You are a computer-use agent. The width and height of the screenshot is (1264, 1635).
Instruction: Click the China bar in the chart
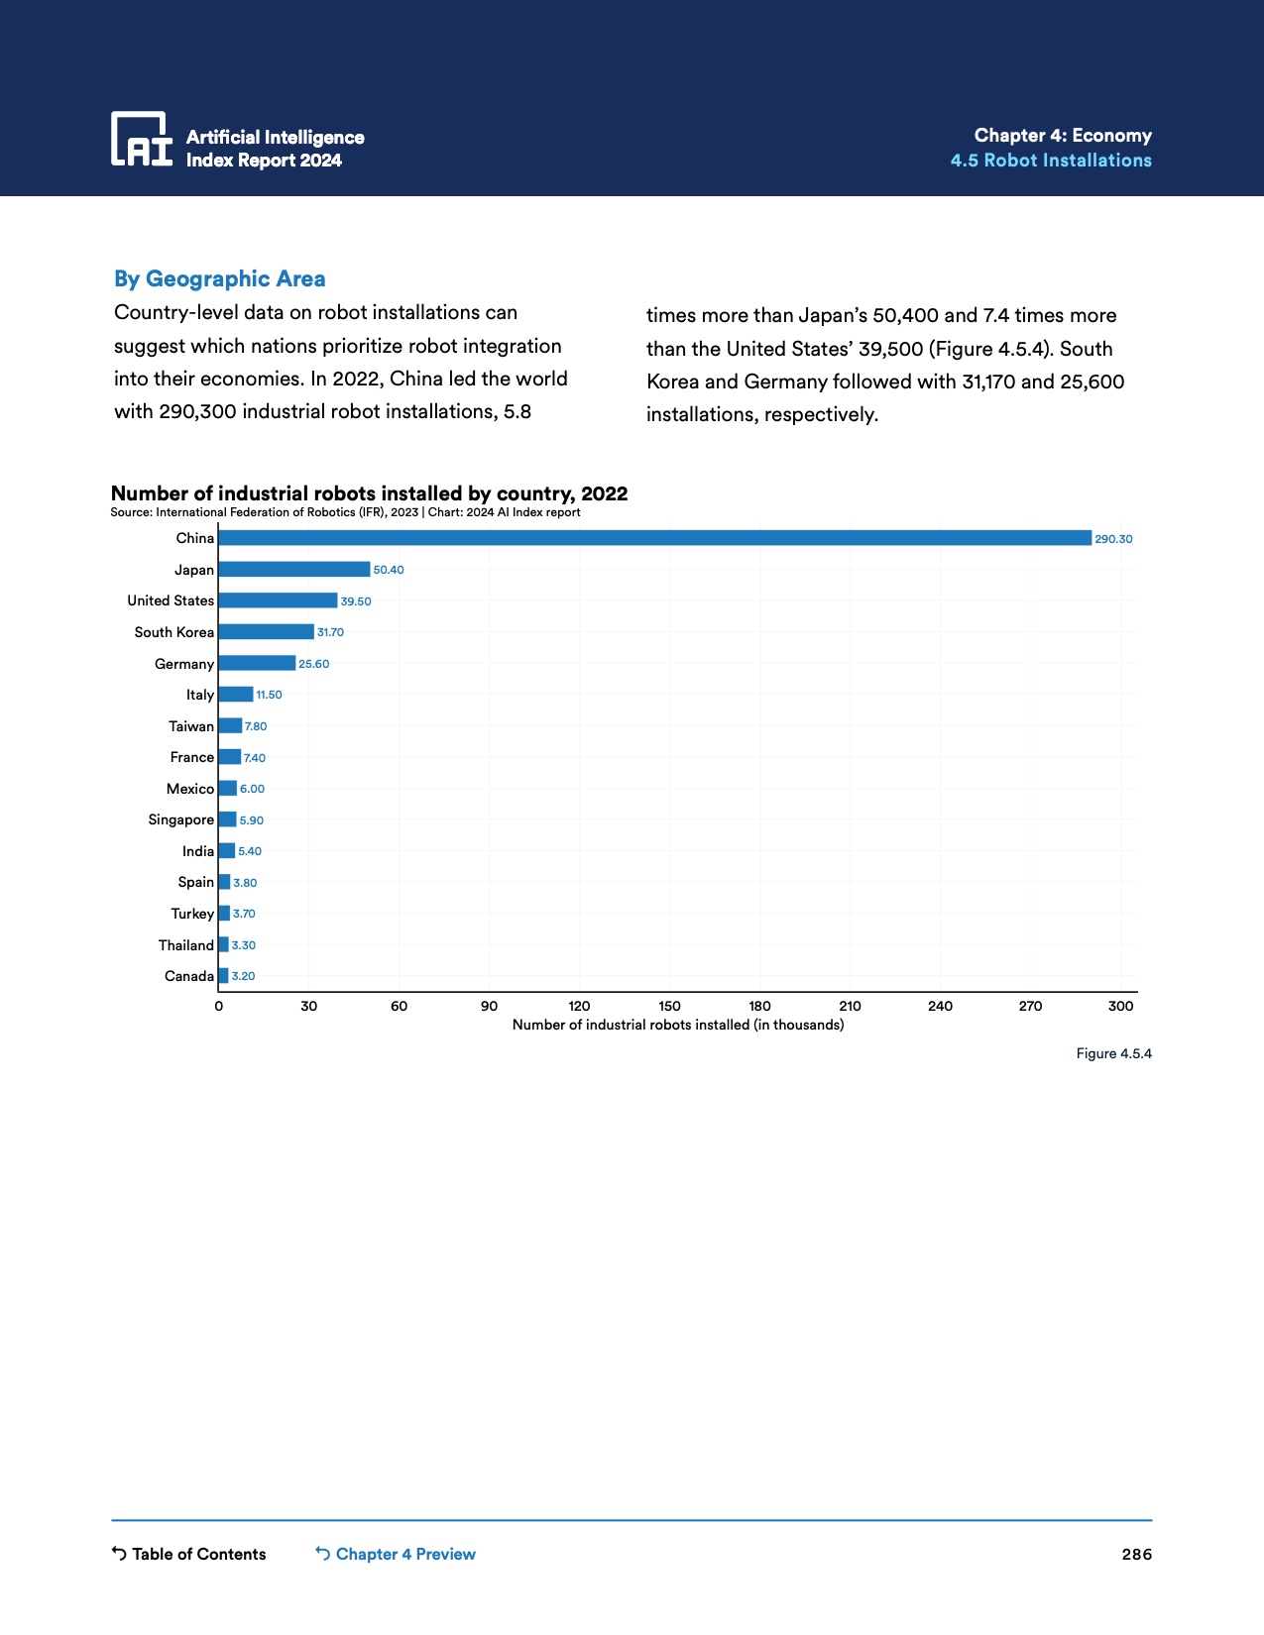click(x=654, y=538)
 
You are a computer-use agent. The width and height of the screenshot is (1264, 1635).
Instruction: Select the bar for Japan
click(x=293, y=570)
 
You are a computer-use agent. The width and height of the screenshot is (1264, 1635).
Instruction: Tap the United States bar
click(x=278, y=600)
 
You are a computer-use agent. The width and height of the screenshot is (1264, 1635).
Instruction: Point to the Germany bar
click(x=257, y=663)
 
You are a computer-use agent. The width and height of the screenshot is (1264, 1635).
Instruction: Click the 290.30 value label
click(x=1113, y=539)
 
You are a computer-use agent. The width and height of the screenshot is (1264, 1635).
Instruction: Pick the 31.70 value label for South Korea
click(x=330, y=632)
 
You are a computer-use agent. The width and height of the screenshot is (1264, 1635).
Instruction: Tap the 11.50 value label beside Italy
click(x=269, y=695)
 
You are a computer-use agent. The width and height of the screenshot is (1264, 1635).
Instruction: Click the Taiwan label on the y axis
click(x=191, y=726)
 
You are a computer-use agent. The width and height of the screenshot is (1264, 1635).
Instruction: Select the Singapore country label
click(x=180, y=819)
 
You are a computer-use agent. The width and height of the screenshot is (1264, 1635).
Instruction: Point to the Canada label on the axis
click(x=189, y=976)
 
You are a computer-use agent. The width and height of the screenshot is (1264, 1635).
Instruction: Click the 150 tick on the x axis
click(x=669, y=1006)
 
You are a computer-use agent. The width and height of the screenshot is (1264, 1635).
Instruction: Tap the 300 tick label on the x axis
click(x=1120, y=1006)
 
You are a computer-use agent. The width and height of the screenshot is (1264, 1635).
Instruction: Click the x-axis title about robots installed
click(x=678, y=1025)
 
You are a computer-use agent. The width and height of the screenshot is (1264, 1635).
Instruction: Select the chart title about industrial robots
click(x=369, y=493)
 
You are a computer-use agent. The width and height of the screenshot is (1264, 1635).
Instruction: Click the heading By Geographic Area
click(x=219, y=279)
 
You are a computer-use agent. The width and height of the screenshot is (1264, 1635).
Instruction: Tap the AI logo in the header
click(x=142, y=139)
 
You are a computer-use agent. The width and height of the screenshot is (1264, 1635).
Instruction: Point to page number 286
click(x=1136, y=1554)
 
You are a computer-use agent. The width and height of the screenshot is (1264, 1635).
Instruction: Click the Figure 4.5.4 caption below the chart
click(x=1113, y=1053)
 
